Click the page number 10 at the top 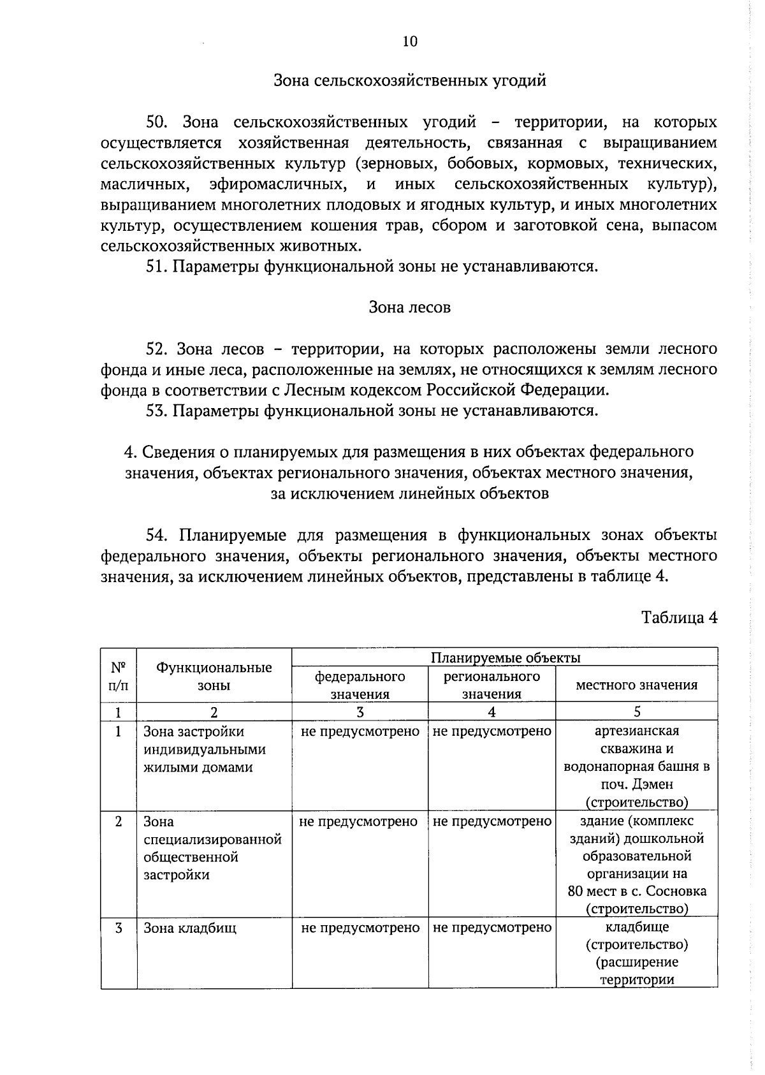click(x=409, y=41)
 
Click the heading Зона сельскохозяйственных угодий click(x=409, y=81)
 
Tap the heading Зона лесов click(x=409, y=307)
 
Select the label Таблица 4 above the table click(x=680, y=617)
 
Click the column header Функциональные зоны click(x=214, y=676)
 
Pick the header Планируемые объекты click(x=505, y=657)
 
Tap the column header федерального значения click(x=360, y=685)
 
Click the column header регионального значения click(x=492, y=685)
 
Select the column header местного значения click(x=636, y=685)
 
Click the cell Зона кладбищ click(x=189, y=928)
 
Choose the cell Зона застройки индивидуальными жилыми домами click(x=204, y=749)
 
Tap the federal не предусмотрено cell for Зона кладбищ click(x=360, y=928)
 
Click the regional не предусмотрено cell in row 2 click(x=492, y=821)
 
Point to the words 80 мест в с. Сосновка click(x=636, y=891)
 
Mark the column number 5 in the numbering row click(x=637, y=712)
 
